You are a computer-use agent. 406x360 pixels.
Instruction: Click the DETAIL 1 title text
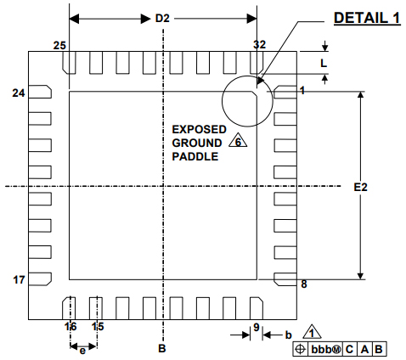click(x=367, y=18)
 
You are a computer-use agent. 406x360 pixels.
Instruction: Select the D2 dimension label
click(x=162, y=19)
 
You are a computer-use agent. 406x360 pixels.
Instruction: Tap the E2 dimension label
click(x=360, y=187)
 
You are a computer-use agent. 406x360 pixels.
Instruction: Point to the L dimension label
click(x=324, y=63)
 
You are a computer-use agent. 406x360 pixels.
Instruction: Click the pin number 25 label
click(x=59, y=45)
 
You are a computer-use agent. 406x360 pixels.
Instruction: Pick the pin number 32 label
click(x=259, y=44)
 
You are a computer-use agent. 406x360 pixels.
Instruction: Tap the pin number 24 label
click(x=19, y=93)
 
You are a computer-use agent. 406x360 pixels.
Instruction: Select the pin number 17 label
click(x=19, y=279)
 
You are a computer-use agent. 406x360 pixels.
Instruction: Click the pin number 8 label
click(x=304, y=284)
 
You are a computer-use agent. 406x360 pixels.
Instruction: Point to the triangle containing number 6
click(x=238, y=140)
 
